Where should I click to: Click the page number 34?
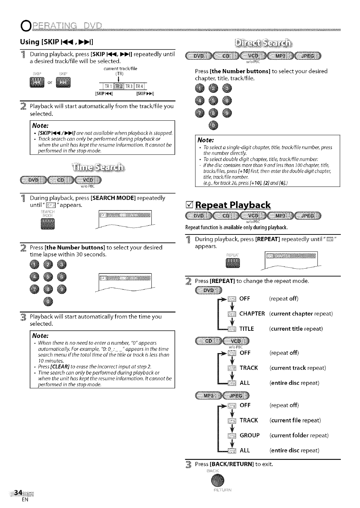17,493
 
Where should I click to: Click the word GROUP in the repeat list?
249,435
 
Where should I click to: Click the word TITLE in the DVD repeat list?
247,329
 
